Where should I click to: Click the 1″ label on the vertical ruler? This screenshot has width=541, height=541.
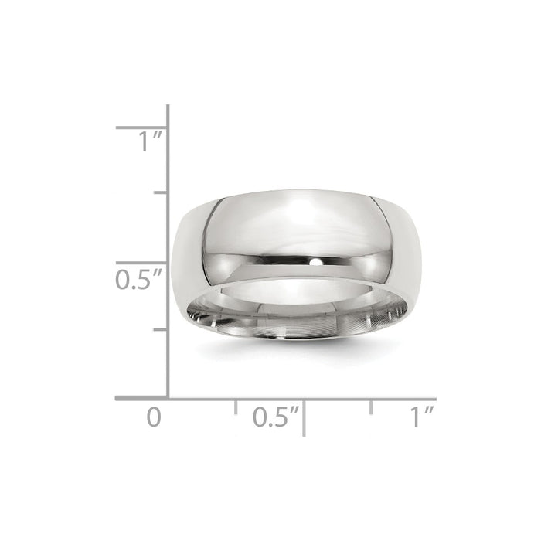(x=150, y=142)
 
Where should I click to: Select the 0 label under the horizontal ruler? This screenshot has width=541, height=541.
(x=155, y=418)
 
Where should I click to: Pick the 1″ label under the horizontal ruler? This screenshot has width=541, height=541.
(x=422, y=418)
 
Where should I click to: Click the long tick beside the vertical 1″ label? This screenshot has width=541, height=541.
(x=142, y=127)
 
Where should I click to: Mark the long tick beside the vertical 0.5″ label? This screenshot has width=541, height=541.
(x=142, y=263)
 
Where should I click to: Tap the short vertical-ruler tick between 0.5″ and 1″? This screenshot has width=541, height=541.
(x=162, y=192)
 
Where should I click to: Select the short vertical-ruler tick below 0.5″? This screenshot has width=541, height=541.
(x=162, y=329)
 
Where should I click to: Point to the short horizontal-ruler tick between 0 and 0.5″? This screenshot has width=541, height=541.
(x=236, y=407)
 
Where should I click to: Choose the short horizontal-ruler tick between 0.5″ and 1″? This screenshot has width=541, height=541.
(x=372, y=407)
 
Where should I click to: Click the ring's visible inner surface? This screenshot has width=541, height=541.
(x=309, y=305)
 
